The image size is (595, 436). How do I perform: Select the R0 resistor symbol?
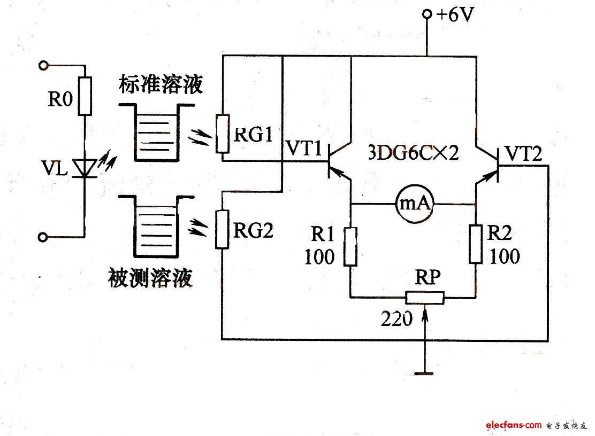click(85, 96)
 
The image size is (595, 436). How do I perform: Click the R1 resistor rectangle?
click(350, 246)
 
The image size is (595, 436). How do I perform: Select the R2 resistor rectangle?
click(476, 244)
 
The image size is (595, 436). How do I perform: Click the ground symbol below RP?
click(424, 372)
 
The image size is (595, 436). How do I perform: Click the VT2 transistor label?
click(523, 154)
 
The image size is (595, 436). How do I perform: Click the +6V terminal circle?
click(427, 15)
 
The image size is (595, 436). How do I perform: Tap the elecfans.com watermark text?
click(514, 425)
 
